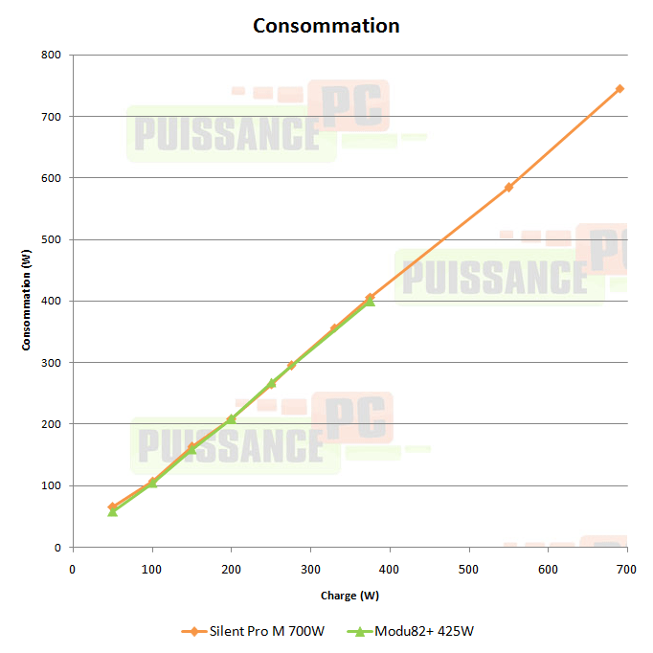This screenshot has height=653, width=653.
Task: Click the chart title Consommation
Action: (326, 26)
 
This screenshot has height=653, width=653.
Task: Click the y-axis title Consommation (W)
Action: (27, 301)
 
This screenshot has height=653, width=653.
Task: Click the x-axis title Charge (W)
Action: (350, 596)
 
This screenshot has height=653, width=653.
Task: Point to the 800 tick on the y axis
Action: (52, 55)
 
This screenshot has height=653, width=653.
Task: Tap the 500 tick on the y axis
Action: (52, 239)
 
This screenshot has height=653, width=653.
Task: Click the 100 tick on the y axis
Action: (52, 485)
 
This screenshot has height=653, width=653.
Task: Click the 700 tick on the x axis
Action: (627, 569)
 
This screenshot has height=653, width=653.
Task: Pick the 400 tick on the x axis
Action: (390, 569)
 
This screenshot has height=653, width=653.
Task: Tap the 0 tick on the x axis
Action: (73, 569)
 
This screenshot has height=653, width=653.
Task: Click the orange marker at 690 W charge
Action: (619, 88)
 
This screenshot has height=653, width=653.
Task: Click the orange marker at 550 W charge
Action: (508, 187)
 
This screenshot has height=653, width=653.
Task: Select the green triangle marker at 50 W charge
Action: (112, 511)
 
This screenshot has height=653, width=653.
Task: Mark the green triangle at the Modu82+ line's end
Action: (370, 301)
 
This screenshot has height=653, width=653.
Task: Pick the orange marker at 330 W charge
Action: (334, 328)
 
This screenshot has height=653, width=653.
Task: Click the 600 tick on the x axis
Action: (548, 569)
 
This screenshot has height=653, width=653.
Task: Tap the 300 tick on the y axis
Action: (52, 363)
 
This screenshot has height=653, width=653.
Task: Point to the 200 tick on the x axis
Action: (231, 569)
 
